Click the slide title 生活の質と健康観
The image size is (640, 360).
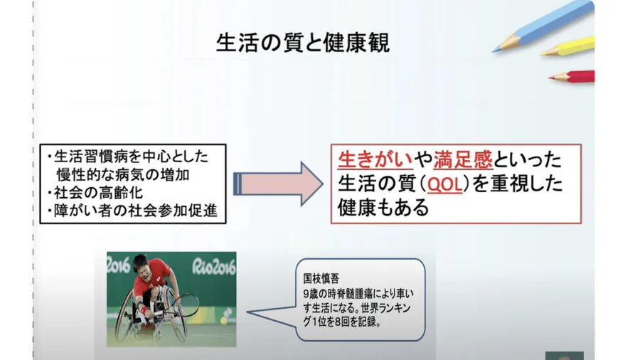coord(302,43)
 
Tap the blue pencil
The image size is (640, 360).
coord(543,27)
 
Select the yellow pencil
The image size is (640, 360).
coord(567,46)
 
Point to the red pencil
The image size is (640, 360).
coord(571,76)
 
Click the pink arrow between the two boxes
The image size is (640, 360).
coord(278,184)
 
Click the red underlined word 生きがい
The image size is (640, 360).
coord(375,159)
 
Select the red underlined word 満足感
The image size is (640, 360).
coord(463,159)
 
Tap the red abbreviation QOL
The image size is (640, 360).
coord(444,184)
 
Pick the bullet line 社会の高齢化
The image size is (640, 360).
coord(98,193)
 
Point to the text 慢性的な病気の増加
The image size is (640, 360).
coord(123,175)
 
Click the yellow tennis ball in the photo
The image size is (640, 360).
coord(224,321)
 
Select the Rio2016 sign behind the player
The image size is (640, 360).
coord(213,266)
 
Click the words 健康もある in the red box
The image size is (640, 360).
coord(383,207)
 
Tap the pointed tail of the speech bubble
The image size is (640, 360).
coord(248,312)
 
